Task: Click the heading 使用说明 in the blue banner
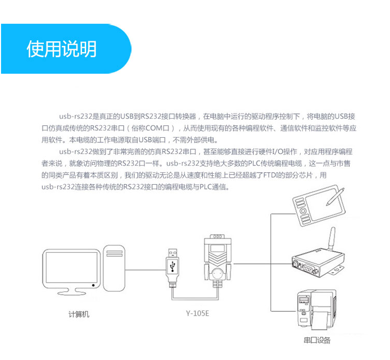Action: [x=61, y=49]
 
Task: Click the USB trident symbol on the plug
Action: [x=172, y=266]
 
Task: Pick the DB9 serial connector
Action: [x=217, y=260]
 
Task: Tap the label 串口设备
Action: [x=317, y=341]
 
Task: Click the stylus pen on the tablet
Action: [x=335, y=199]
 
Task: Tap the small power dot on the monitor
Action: [x=92, y=285]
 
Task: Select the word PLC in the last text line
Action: [x=205, y=187]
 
